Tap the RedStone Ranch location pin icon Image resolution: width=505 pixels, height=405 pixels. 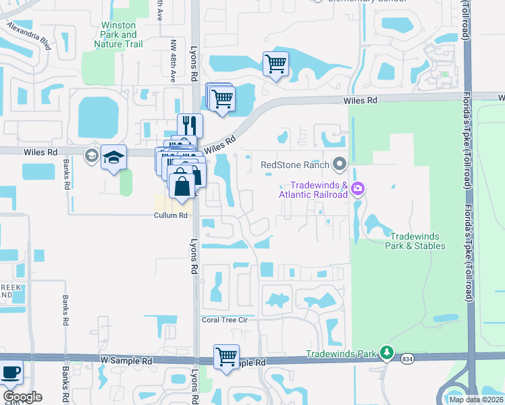click(x=340, y=165)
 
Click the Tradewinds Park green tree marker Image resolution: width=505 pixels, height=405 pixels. click(x=386, y=352)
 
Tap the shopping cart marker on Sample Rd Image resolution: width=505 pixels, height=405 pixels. click(x=227, y=356)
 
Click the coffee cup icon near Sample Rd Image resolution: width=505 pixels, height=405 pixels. click(x=10, y=372)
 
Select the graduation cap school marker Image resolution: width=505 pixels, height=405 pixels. click(x=114, y=158)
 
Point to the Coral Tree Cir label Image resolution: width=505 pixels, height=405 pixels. click(x=229, y=319)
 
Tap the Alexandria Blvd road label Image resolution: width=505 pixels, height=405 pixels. click(x=29, y=36)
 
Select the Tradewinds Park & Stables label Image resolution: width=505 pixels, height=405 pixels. click(x=417, y=241)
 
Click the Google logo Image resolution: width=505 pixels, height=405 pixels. click(x=22, y=397)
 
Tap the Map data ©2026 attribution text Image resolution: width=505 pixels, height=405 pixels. click(x=476, y=400)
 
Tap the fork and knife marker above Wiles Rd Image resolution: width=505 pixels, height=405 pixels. click(x=190, y=126)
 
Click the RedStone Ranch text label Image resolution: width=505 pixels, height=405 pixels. click(x=296, y=165)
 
